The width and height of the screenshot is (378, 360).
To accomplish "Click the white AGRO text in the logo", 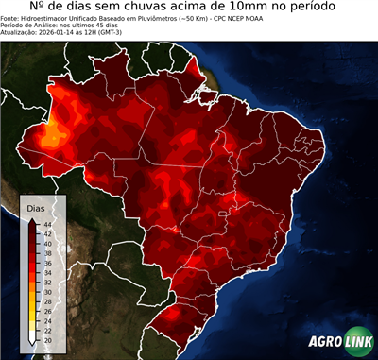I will (326, 343).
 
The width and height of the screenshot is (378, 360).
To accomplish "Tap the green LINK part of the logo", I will (356, 343).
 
